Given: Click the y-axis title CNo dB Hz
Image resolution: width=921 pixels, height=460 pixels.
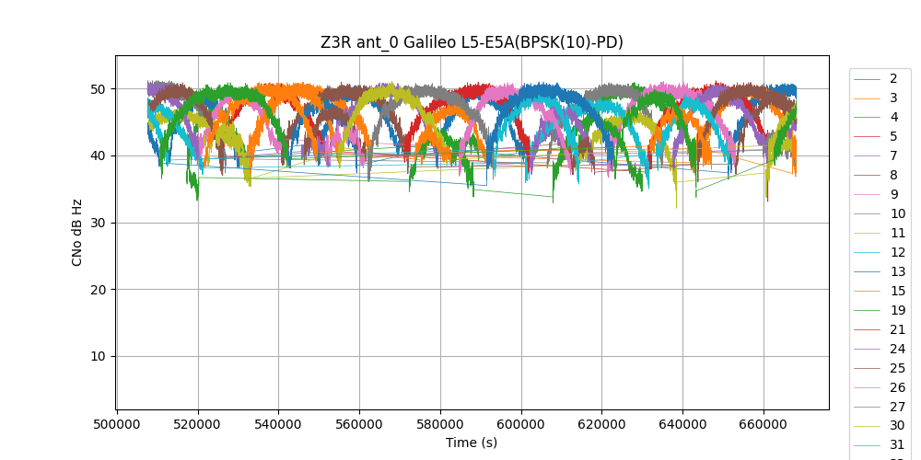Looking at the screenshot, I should tap(77, 233).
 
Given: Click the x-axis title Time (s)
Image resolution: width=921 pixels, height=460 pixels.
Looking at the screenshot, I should tap(472, 443).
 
